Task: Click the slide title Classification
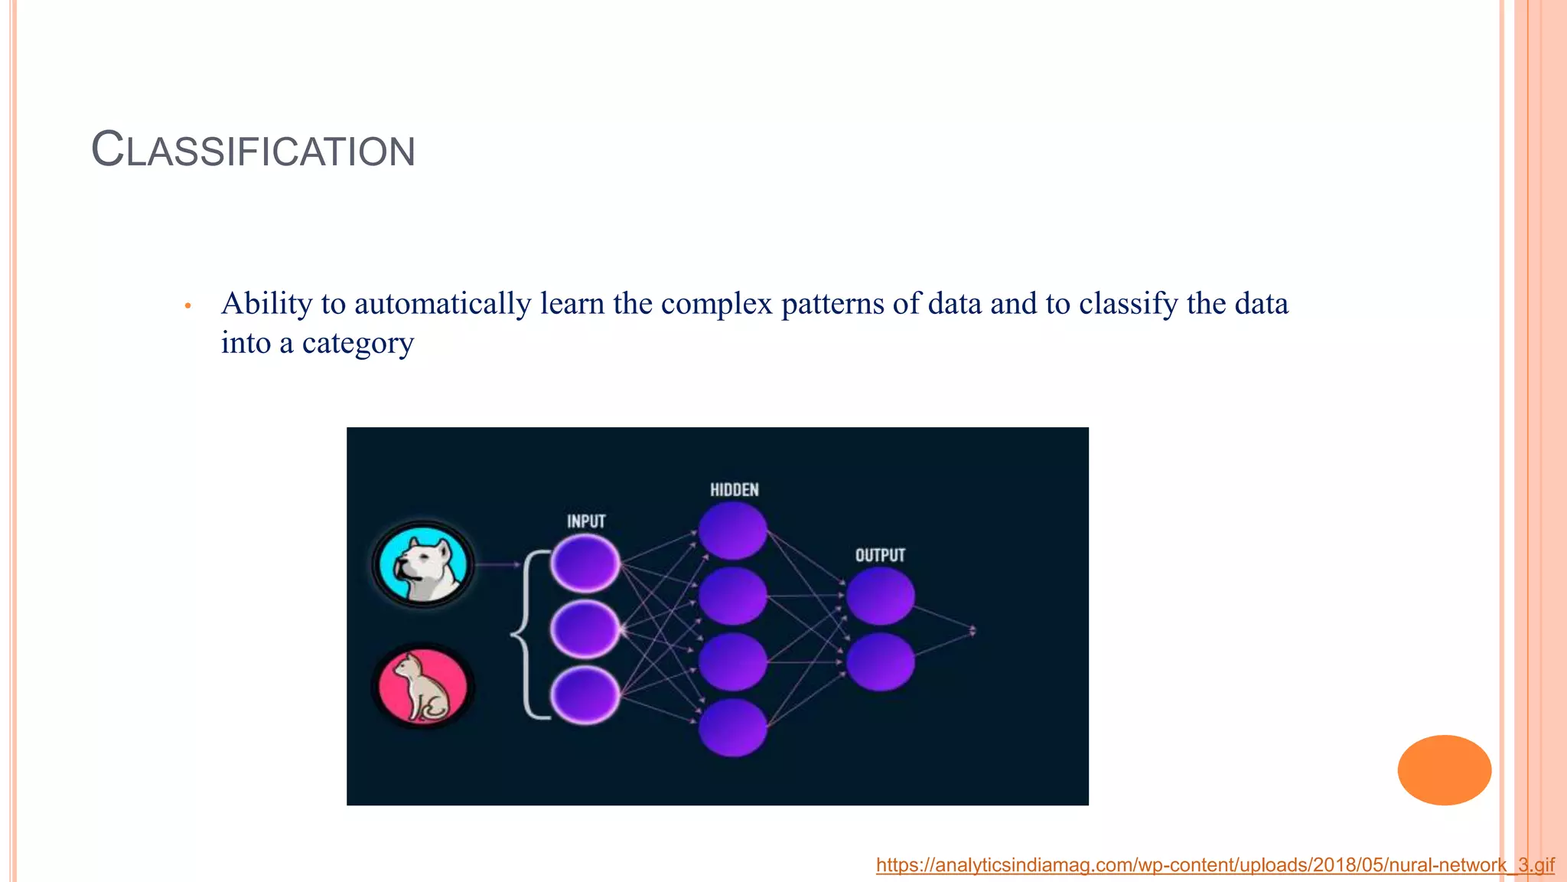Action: tap(253, 149)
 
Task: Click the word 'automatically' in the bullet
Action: tap(442, 304)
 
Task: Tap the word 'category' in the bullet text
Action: tap(358, 343)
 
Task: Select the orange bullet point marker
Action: tap(187, 306)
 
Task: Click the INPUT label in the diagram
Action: tap(586, 521)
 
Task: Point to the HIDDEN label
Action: tap(734, 490)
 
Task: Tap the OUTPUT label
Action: tap(880, 555)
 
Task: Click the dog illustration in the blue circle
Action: tap(423, 565)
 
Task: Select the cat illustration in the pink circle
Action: tap(423, 686)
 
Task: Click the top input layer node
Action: tap(585, 564)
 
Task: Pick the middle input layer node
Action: tap(585, 629)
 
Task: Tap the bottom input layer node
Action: tap(585, 695)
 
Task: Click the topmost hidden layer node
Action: tap(732, 530)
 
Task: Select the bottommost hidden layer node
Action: tap(732, 727)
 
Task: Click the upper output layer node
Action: tap(880, 596)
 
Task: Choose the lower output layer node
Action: tap(880, 662)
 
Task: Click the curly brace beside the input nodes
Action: tap(526, 634)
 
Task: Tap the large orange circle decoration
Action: tap(1444, 769)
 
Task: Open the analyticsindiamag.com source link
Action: tap(1214, 865)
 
